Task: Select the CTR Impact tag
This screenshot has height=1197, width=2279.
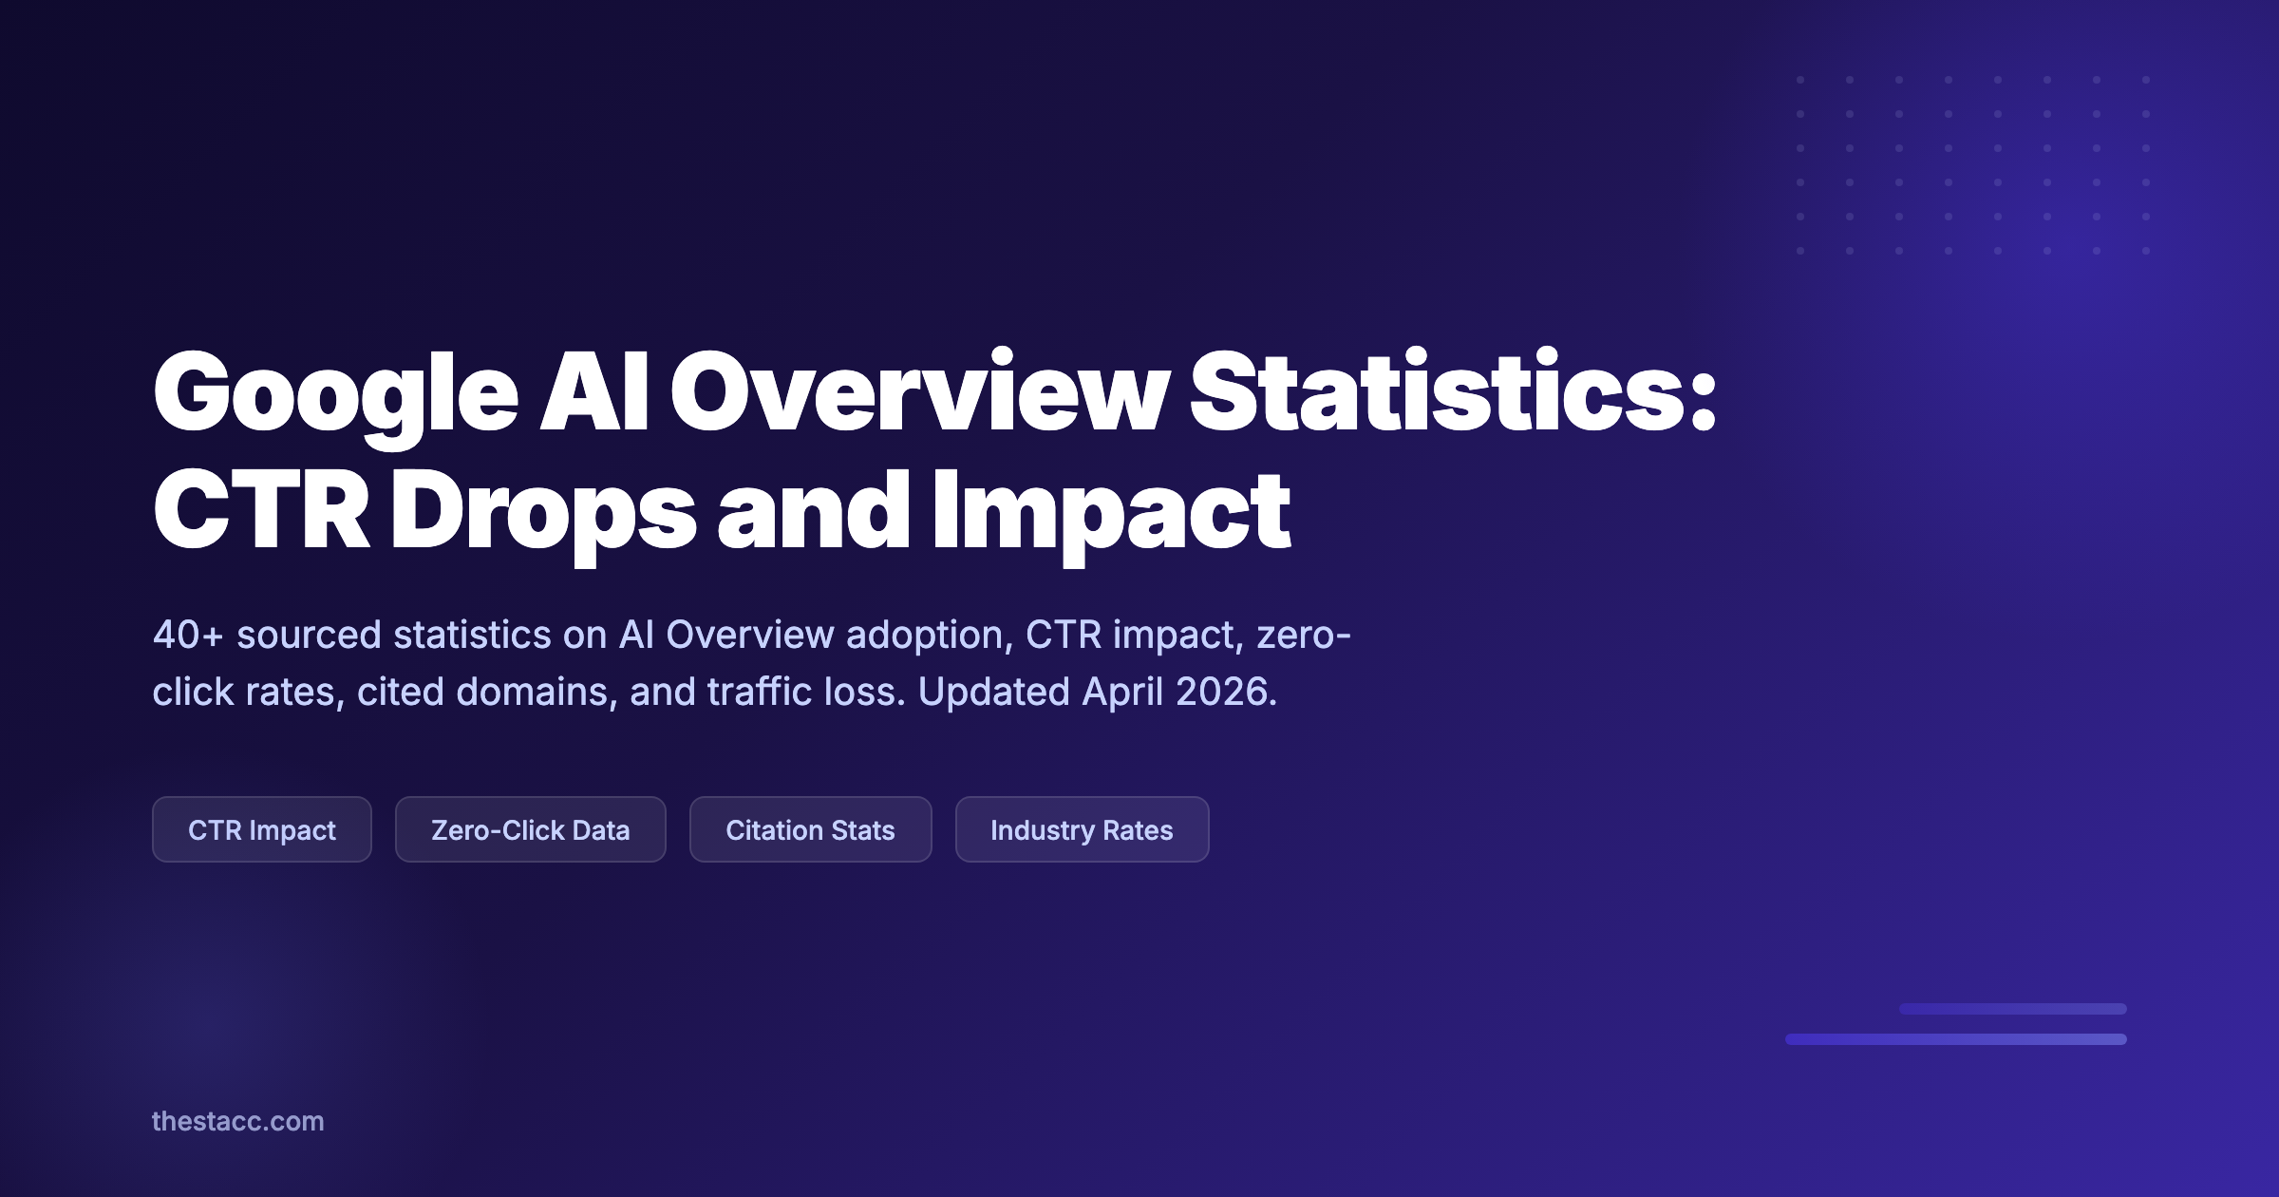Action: coord(262,829)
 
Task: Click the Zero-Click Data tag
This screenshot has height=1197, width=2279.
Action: coord(530,829)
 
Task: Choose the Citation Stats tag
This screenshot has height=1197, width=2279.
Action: coord(810,829)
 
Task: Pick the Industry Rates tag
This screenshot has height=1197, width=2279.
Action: coord(1082,829)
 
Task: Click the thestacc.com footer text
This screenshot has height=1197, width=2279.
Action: coord(237,1121)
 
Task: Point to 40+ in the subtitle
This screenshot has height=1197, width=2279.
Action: coord(187,635)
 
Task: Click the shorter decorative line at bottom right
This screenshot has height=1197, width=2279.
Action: coord(2012,1009)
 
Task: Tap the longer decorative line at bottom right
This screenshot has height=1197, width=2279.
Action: coord(1955,1039)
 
